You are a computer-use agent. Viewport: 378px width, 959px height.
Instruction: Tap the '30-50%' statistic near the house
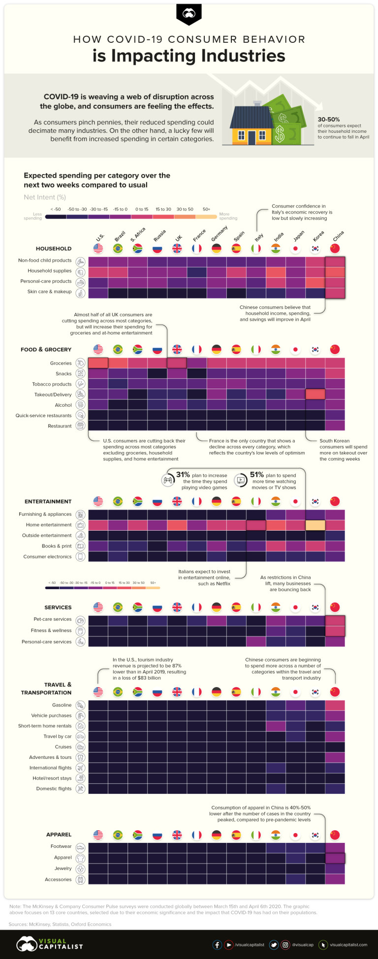click(329, 120)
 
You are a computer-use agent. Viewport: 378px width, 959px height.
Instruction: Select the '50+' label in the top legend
click(206, 210)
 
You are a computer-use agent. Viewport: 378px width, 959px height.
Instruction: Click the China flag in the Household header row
click(335, 249)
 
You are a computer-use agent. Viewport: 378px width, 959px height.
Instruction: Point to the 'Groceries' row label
click(61, 363)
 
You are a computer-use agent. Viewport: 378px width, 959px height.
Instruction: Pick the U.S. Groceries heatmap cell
click(98, 363)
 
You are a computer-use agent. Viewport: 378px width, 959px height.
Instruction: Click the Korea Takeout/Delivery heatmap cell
click(315, 394)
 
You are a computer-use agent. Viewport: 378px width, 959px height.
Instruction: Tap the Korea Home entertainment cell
click(315, 525)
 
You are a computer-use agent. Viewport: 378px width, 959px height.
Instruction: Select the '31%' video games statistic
click(183, 475)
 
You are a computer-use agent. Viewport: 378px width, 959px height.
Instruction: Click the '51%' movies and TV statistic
click(257, 475)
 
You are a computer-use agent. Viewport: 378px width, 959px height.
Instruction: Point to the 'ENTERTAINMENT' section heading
click(48, 502)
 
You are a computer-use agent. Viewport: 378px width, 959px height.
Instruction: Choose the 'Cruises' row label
click(63, 747)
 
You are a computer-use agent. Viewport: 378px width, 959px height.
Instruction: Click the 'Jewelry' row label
click(63, 869)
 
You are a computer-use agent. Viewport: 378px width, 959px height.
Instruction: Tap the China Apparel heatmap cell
click(335, 858)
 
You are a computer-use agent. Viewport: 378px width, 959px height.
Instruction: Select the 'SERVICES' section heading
click(58, 608)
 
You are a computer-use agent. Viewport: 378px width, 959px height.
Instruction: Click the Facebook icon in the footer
click(217, 945)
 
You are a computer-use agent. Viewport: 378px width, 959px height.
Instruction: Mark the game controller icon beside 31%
click(168, 480)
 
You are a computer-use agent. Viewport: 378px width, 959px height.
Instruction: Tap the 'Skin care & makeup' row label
click(49, 292)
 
